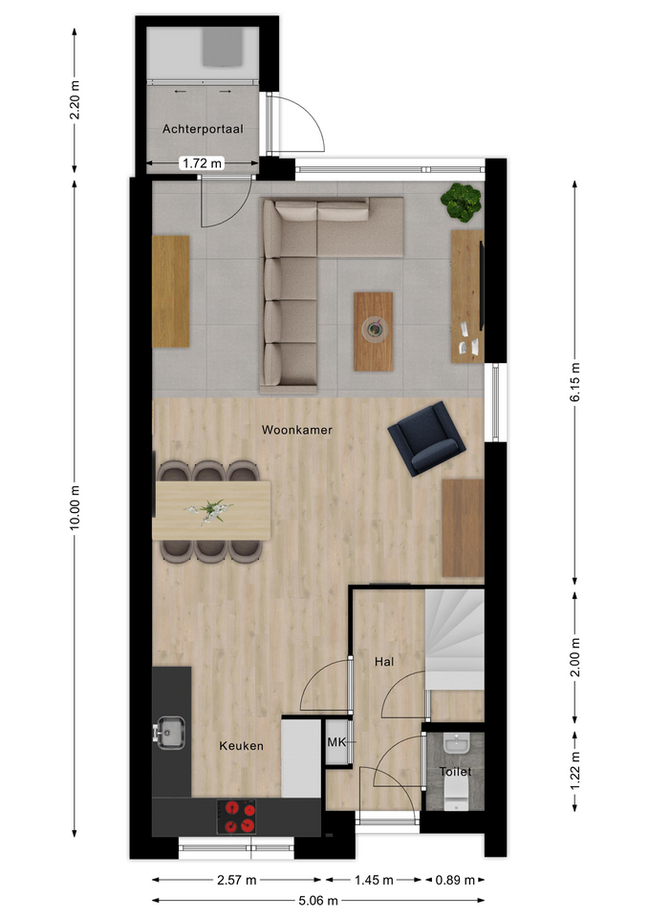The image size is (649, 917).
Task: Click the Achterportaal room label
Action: [x=203, y=129]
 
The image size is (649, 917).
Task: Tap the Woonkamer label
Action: [x=296, y=430]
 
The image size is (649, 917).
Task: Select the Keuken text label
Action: [x=241, y=746]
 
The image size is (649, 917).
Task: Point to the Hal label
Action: [x=384, y=661]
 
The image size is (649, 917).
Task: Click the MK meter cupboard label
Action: [x=335, y=742]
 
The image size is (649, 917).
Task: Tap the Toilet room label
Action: [x=455, y=772]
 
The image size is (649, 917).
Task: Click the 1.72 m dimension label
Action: [x=202, y=163]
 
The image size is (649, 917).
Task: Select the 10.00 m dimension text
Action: [x=75, y=508]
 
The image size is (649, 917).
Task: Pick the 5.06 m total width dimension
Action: [x=318, y=901]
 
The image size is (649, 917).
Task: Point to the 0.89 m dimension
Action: [x=455, y=880]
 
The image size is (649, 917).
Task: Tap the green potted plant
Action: [x=462, y=203]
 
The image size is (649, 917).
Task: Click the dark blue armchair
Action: [x=426, y=438]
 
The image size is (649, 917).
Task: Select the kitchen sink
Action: [x=170, y=733]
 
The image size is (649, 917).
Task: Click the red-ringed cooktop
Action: [x=236, y=817]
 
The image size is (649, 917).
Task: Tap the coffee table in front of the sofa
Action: [x=374, y=331]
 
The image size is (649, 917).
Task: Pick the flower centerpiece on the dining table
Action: [x=208, y=510]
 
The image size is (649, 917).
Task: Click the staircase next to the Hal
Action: [x=455, y=640]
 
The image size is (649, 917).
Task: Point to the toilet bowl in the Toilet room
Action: [x=455, y=796]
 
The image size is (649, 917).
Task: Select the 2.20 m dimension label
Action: [x=75, y=100]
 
